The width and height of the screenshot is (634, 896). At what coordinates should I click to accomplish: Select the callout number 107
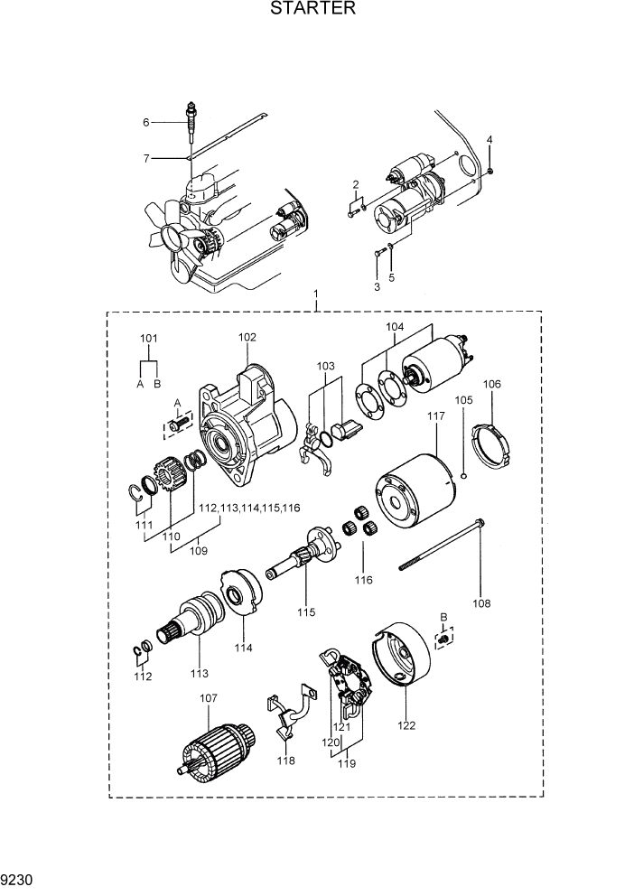pyautogui.click(x=209, y=697)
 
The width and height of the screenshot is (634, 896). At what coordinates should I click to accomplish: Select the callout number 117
pyautogui.click(x=436, y=416)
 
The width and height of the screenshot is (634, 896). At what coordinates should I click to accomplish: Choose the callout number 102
pyautogui.click(x=248, y=337)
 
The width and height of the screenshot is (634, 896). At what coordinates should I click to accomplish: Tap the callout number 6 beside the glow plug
pyautogui.click(x=145, y=122)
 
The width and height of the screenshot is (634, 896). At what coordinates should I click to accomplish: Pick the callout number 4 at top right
pyautogui.click(x=489, y=139)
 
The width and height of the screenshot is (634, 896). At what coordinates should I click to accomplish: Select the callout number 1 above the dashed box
pyautogui.click(x=316, y=295)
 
